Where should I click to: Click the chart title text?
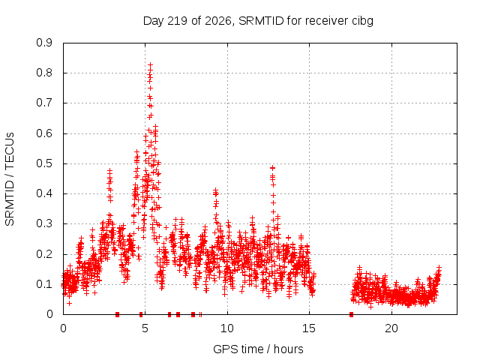click(258, 21)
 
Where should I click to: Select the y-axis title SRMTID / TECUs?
click(10, 179)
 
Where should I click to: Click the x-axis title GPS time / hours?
click(258, 349)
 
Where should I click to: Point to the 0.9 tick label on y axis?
click(44, 43)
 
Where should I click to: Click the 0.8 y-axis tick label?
click(44, 73)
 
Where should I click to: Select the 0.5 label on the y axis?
click(44, 163)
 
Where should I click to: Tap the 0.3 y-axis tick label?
click(44, 223)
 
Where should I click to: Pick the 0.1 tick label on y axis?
click(44, 284)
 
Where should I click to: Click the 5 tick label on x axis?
click(145, 328)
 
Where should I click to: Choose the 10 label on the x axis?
click(227, 328)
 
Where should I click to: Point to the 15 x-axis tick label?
click(309, 328)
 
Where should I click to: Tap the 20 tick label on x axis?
click(391, 328)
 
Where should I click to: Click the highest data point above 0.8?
click(150, 65)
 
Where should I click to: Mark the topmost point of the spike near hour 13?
click(272, 168)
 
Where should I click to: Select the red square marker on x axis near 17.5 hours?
click(351, 314)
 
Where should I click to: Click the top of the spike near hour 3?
click(110, 170)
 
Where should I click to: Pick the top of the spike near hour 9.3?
click(215, 190)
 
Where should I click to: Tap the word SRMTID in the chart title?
click(261, 21)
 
